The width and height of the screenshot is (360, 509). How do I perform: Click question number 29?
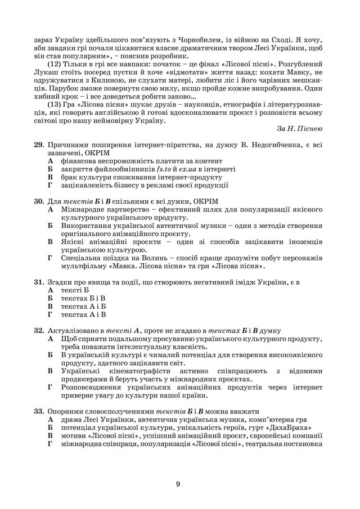coord(39,145)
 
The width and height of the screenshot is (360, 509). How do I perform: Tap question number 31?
coord(39,281)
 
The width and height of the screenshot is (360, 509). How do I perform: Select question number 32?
coord(39,331)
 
